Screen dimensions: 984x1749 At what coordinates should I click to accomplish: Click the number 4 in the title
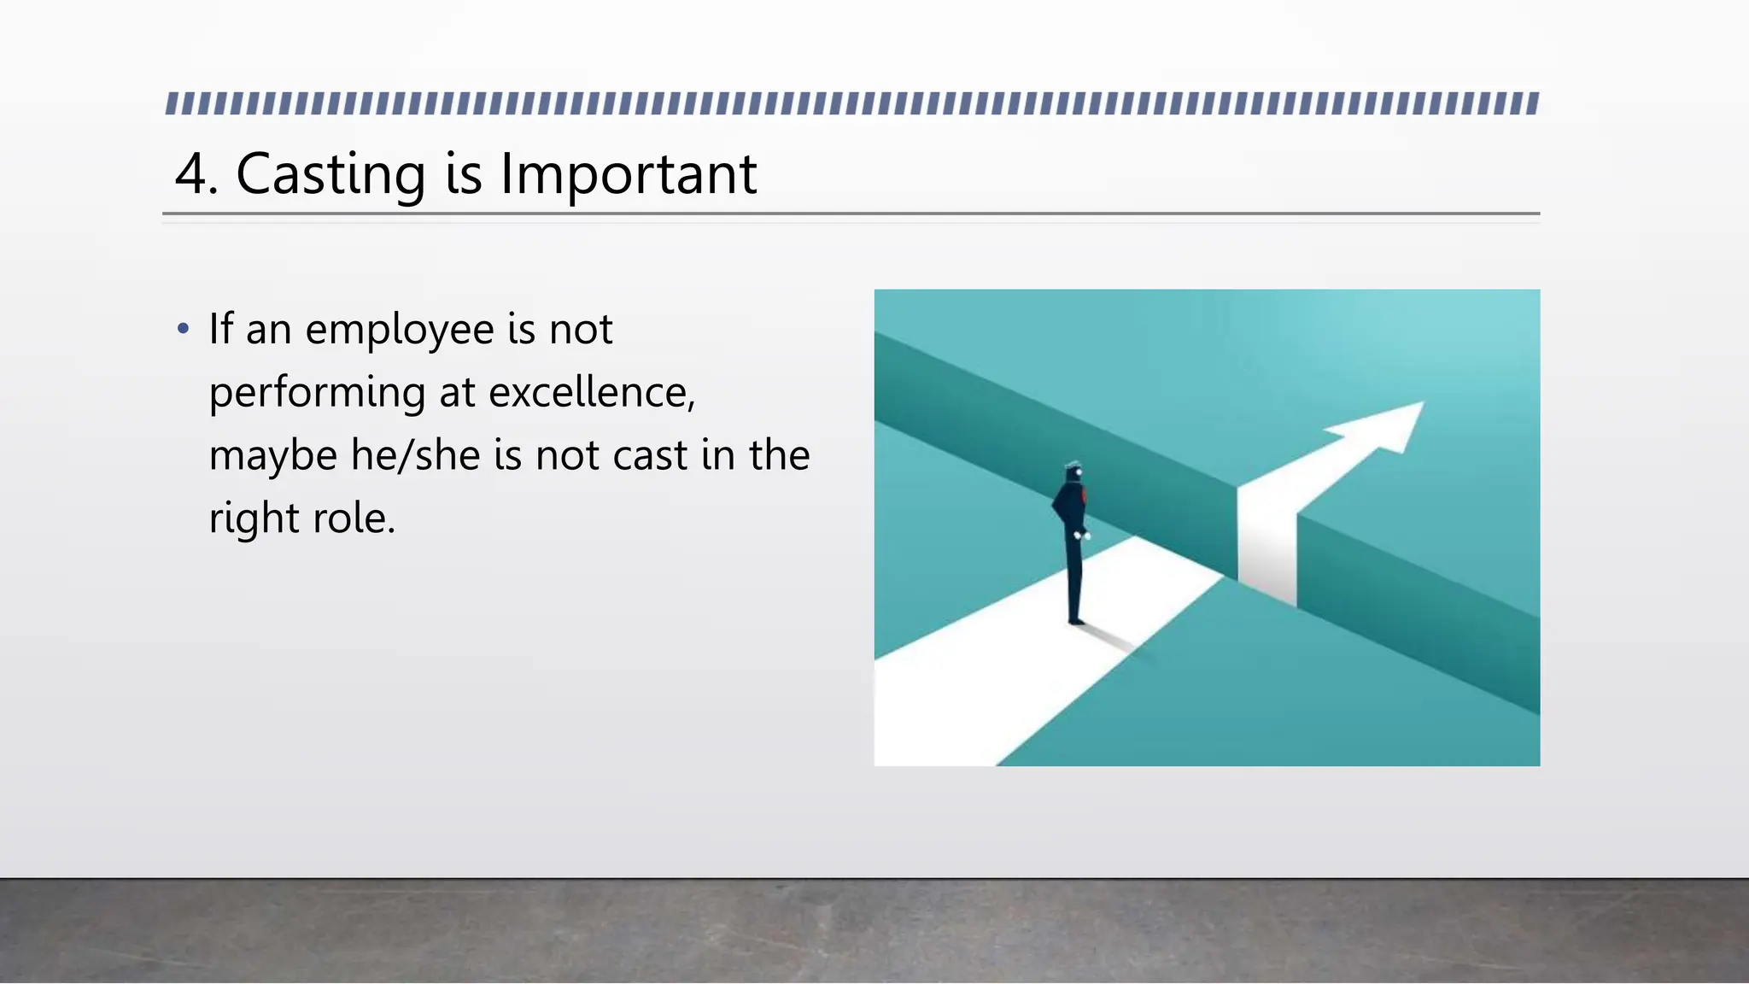coord(191,174)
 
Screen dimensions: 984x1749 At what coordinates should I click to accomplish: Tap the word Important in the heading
coord(629,174)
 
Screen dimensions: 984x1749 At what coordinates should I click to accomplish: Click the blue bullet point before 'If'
coord(182,329)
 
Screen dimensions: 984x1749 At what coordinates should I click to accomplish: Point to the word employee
coord(400,331)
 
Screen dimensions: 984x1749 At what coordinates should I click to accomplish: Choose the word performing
coord(317,394)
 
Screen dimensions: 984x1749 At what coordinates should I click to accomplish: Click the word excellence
coord(592,392)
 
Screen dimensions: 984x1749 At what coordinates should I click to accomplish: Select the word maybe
coord(272,456)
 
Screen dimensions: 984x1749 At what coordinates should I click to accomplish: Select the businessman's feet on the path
coord(1075,620)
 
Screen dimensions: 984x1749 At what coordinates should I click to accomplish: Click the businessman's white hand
coord(1079,535)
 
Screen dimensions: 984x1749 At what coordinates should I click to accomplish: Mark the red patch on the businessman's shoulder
coord(1083,495)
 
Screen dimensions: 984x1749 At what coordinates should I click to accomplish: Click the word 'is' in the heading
coord(464,174)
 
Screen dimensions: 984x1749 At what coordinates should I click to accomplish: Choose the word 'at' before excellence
coord(457,393)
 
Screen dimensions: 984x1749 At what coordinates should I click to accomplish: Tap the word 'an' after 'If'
coord(269,331)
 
